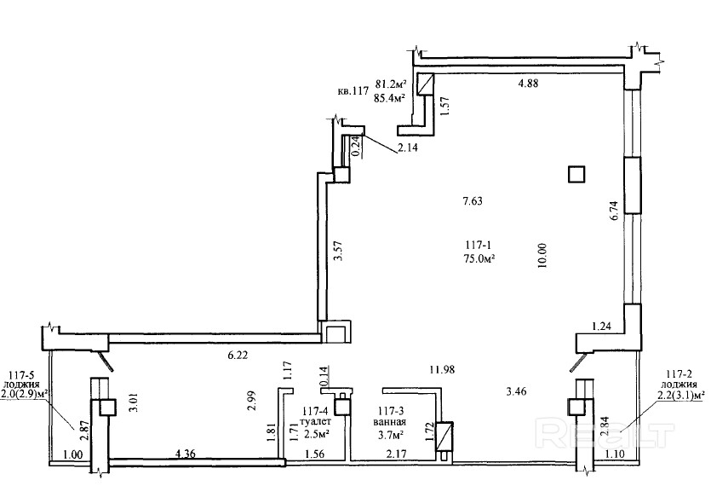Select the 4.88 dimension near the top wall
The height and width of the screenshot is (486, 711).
point(532,84)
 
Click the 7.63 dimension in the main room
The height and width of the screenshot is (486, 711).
point(473,202)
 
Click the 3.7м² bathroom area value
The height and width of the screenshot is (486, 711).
point(391,434)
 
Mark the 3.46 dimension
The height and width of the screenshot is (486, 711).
point(515,392)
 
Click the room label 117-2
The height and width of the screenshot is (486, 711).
point(679,373)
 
